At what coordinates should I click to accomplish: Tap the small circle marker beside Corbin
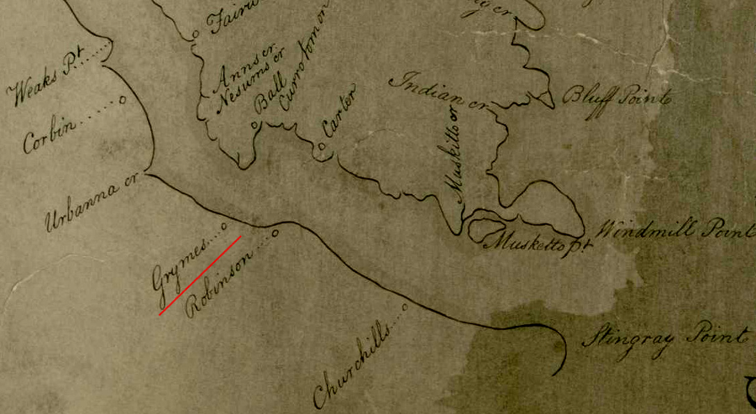123,99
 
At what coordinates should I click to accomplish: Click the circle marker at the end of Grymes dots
223,225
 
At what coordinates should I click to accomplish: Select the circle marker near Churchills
405,307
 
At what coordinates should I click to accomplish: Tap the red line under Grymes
201,275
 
